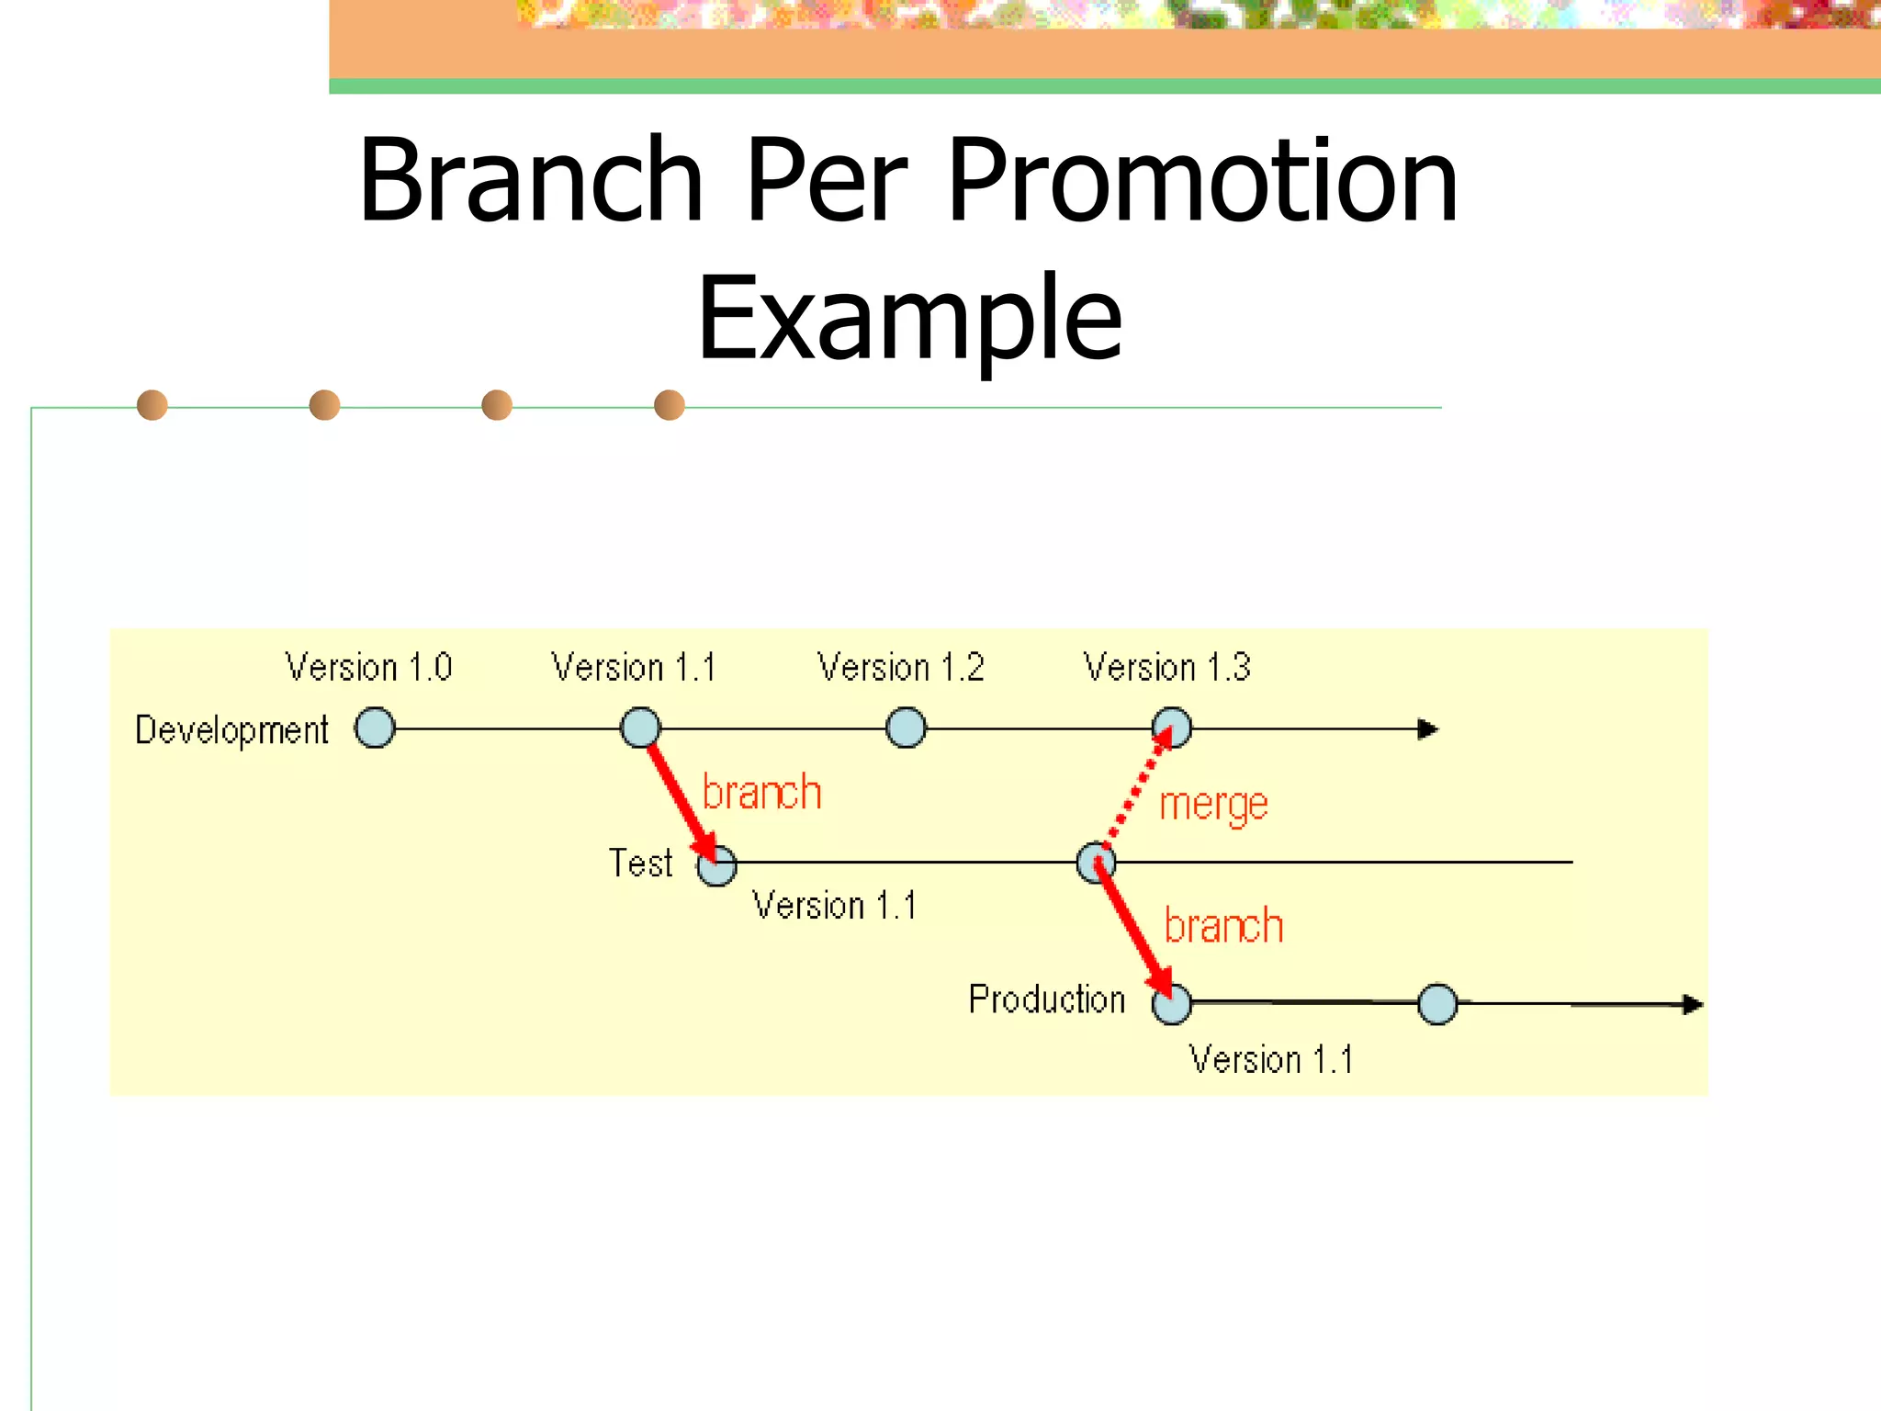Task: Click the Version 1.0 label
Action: pyautogui.click(x=368, y=667)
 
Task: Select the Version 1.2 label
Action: pyautogui.click(x=900, y=667)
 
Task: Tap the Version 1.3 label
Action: pyautogui.click(x=1166, y=667)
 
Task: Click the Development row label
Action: pyautogui.click(x=231, y=730)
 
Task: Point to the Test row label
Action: pyautogui.click(x=641, y=864)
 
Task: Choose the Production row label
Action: pyautogui.click(x=1047, y=999)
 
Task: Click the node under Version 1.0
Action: pyautogui.click(x=375, y=728)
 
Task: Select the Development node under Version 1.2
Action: pyautogui.click(x=906, y=728)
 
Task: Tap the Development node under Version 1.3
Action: pyautogui.click(x=1173, y=728)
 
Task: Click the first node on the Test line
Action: pyautogui.click(x=716, y=865)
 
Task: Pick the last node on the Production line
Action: pyautogui.click(x=1437, y=1004)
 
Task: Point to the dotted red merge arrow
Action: pyautogui.click(x=1135, y=788)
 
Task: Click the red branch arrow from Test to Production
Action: pyautogui.click(x=1132, y=928)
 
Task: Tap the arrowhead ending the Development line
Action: pyautogui.click(x=1427, y=729)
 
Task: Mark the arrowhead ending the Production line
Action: pyautogui.click(x=1692, y=1005)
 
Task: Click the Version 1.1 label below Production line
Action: pyautogui.click(x=1271, y=1060)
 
